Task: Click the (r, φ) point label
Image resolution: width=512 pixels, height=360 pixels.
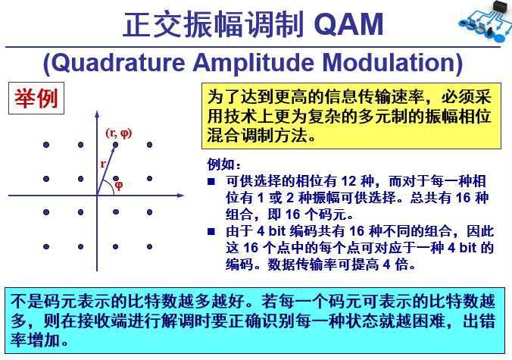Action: [x=119, y=133]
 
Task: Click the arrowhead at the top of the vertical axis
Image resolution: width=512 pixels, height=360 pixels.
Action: [x=97, y=114]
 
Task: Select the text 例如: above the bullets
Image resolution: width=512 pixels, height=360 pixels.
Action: [x=224, y=164]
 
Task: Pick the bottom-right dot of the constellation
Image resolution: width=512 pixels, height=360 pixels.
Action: [x=150, y=246]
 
